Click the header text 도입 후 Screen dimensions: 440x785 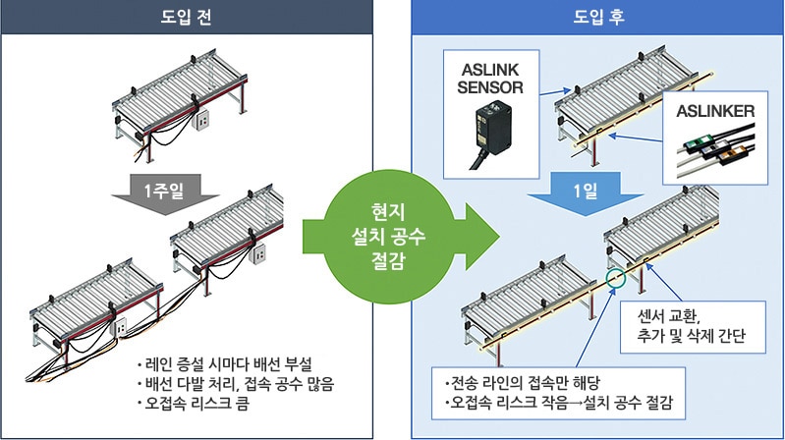[594, 18]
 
